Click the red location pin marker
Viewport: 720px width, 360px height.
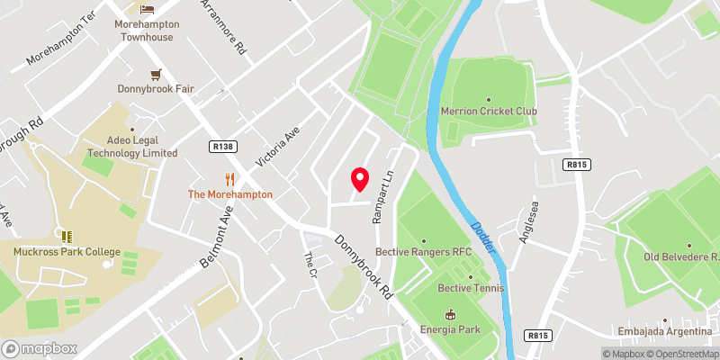click(360, 178)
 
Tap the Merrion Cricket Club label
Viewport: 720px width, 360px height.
click(489, 112)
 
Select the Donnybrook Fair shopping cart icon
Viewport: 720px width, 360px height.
click(157, 74)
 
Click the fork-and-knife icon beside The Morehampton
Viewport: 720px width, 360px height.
click(229, 178)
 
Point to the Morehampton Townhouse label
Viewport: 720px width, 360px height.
click(148, 31)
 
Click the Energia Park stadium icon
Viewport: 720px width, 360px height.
click(449, 314)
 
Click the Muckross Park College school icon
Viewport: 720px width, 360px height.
click(67, 236)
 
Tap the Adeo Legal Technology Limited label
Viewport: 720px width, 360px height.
click(129, 147)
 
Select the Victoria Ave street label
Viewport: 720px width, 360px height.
click(276, 146)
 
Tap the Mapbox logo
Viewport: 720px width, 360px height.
click(39, 348)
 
